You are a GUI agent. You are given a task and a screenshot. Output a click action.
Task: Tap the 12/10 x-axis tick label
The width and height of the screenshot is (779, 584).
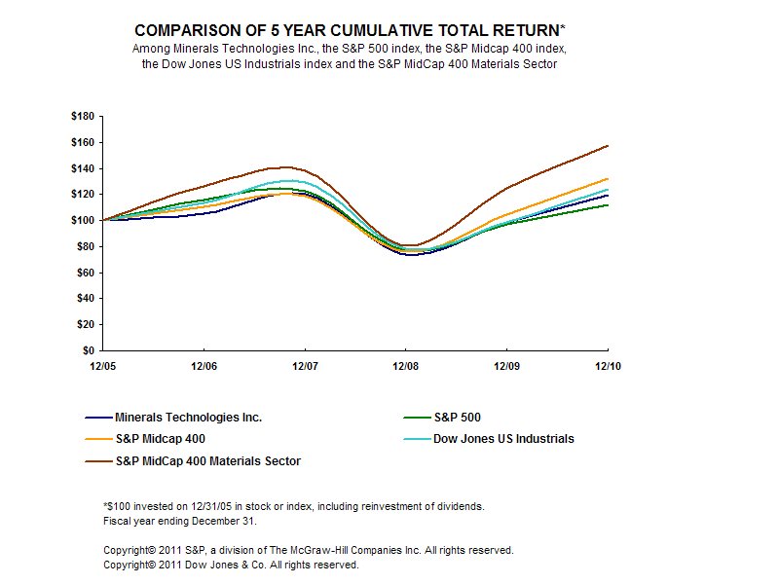[608, 367]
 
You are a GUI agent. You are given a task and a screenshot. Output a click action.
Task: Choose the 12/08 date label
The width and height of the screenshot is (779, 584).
[406, 367]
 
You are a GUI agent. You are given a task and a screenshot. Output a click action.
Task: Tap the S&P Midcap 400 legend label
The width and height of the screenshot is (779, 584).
[160, 439]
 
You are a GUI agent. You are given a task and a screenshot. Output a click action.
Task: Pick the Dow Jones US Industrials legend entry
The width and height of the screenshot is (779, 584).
[502, 439]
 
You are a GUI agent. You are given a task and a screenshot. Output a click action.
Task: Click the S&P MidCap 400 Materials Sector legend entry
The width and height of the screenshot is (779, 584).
[208, 461]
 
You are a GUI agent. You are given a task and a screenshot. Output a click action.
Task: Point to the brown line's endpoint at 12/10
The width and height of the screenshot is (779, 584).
[608, 146]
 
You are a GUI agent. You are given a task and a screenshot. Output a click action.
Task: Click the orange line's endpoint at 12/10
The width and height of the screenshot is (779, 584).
[608, 179]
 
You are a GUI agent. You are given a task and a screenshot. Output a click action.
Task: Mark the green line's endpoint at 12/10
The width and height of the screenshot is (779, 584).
[608, 204]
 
